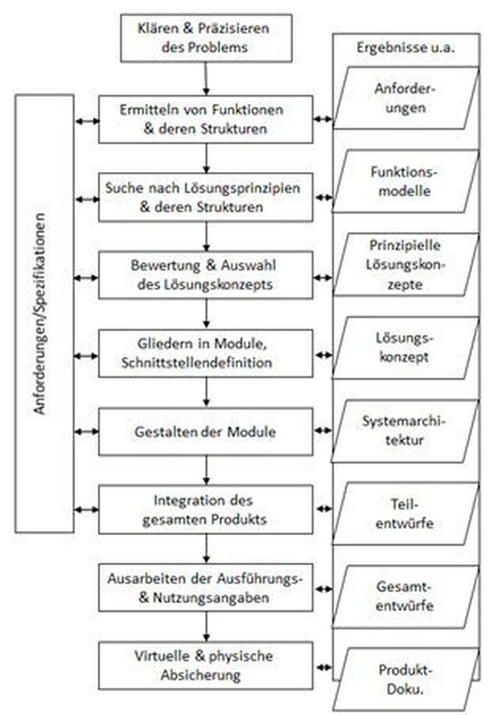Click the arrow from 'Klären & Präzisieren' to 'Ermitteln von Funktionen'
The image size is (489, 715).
click(x=206, y=78)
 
